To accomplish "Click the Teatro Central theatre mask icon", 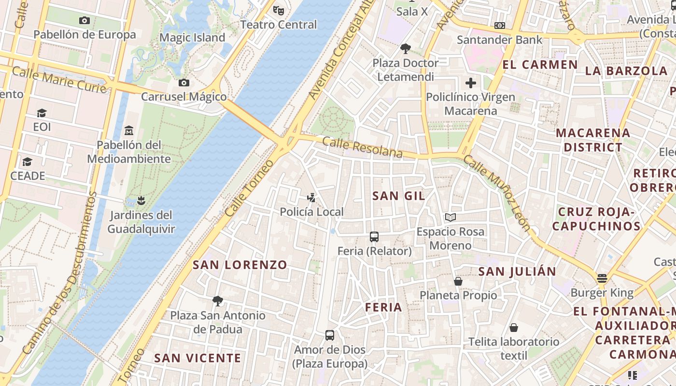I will point(278,10).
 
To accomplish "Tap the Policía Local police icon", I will point(312,197).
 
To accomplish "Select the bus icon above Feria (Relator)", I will point(374,236).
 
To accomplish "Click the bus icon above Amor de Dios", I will point(330,335).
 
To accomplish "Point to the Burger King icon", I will point(602,278).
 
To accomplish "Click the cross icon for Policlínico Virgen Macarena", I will point(471,83).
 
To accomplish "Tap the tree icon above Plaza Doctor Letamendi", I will point(405,48).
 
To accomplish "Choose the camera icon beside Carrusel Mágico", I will point(183,83).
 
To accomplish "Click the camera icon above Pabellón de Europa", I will point(84,20).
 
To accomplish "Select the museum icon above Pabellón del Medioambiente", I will point(129,130).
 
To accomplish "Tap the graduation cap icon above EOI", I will point(42,113).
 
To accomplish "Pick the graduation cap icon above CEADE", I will point(27,162).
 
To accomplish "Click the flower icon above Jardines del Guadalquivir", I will point(141,200).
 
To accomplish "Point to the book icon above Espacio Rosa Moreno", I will point(450,217).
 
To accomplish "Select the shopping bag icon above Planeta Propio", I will point(458,281).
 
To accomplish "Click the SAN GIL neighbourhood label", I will point(399,195).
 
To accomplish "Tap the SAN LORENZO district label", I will point(240,264).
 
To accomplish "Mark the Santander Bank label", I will point(500,40).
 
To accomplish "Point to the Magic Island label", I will point(192,38).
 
